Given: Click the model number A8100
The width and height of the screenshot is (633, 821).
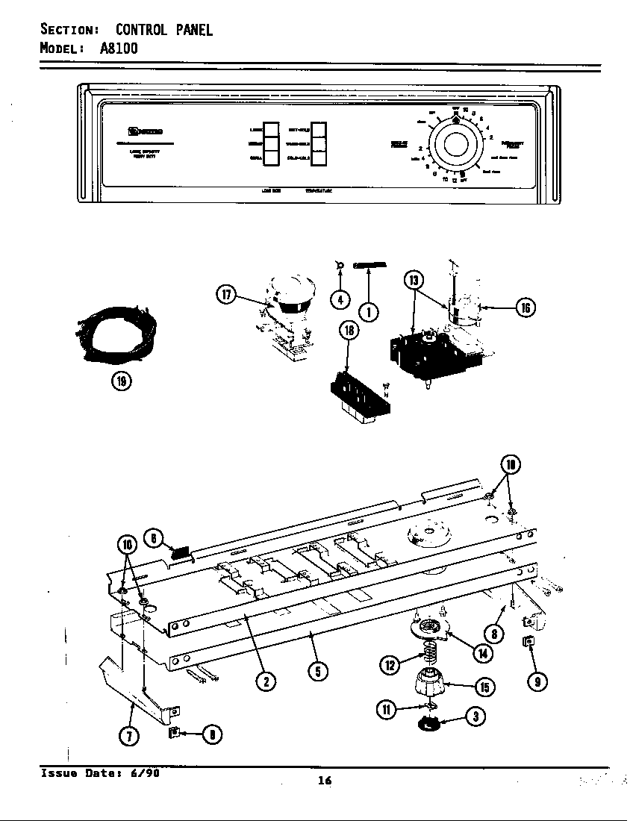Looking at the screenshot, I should (x=119, y=49).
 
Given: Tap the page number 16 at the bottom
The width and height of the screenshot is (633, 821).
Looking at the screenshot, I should (x=324, y=781).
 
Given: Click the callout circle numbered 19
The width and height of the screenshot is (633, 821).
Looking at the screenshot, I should (x=121, y=381).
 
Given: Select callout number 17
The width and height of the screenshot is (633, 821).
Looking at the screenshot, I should (x=226, y=295).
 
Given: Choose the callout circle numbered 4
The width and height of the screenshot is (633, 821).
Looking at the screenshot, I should (x=340, y=299).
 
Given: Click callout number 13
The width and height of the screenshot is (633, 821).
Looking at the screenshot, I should (x=414, y=280).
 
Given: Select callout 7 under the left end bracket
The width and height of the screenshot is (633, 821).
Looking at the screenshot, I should (x=129, y=736).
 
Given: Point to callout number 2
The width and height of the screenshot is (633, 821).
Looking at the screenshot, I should (x=263, y=680).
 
